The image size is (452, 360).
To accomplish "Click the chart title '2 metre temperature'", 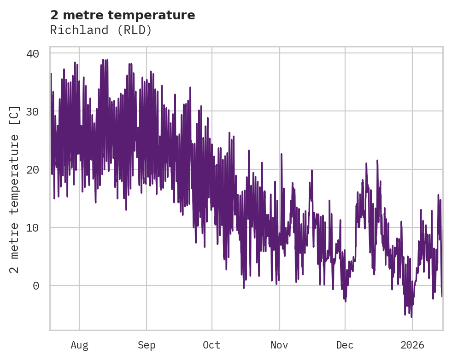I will click(123, 15).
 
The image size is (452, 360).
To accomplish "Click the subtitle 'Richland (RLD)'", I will click(101, 30).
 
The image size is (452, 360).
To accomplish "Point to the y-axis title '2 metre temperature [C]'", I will click(15, 189).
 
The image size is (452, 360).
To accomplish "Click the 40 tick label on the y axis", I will click(32, 54).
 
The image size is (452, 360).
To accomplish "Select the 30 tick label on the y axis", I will click(32, 112).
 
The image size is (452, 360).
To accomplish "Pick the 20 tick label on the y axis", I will click(32, 170).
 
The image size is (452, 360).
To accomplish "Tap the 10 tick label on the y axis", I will click(32, 228).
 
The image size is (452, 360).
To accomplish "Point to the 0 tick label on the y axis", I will click(36, 286).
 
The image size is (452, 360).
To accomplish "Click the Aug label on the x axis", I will click(79, 345).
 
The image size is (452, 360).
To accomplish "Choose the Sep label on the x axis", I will click(147, 345).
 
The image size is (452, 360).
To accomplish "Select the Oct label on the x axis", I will click(212, 345).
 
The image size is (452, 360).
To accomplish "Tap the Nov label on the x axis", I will click(279, 345).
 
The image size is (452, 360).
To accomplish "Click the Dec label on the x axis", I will click(345, 345).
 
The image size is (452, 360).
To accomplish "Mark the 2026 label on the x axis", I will click(412, 345).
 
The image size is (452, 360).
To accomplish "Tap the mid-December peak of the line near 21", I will click(377, 161).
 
